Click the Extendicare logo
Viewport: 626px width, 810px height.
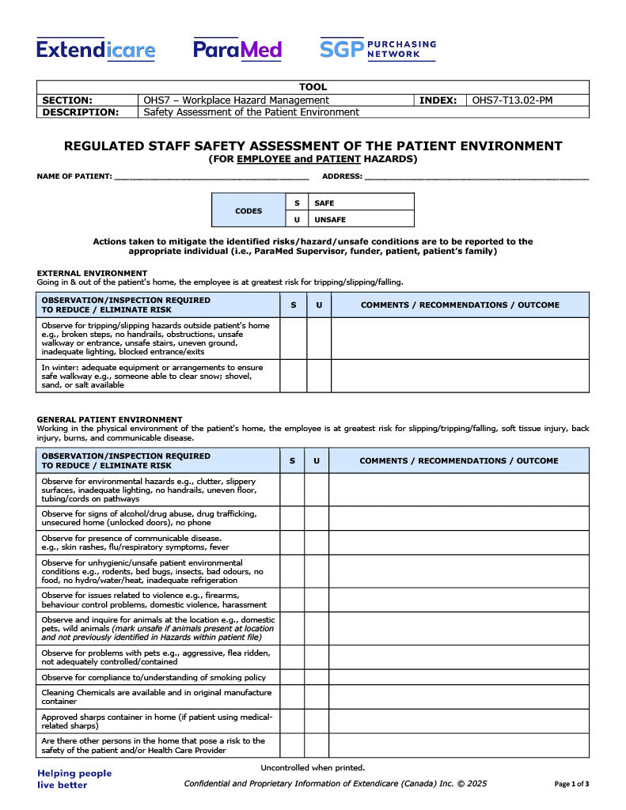click(96, 50)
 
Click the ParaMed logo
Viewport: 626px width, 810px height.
click(237, 50)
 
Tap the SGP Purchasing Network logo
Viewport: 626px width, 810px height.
click(377, 49)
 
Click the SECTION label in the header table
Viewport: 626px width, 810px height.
click(67, 100)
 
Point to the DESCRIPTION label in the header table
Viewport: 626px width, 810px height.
click(80, 112)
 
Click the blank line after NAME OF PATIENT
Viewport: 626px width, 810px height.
click(211, 176)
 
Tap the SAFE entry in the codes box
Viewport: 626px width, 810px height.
click(324, 203)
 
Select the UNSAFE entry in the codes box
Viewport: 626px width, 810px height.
click(330, 220)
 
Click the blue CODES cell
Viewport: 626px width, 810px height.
click(249, 211)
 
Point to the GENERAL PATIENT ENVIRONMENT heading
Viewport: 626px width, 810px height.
click(109, 419)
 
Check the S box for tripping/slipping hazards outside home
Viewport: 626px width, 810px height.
click(293, 339)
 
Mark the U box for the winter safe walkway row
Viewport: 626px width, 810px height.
click(319, 376)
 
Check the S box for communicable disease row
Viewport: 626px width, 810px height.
click(292, 543)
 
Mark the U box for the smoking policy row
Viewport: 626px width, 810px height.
click(317, 678)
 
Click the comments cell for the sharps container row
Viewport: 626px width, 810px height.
click(458, 721)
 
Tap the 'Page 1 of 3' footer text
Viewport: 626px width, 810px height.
click(571, 784)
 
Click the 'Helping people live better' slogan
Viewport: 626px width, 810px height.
click(74, 778)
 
